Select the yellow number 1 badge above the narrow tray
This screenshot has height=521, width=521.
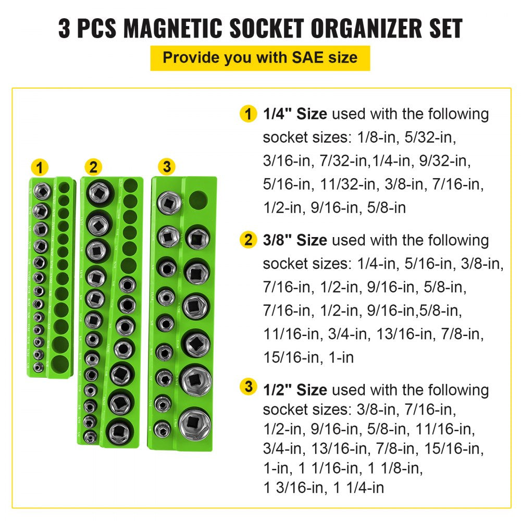[x=40, y=168]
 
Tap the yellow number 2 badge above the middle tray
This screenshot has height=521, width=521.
[x=93, y=167]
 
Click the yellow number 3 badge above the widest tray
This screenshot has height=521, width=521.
[x=166, y=167]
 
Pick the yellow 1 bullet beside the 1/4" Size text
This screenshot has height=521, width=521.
[x=249, y=114]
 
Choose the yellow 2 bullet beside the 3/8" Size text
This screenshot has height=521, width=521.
[x=249, y=240]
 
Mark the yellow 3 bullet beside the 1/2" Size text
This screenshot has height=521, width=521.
[x=249, y=388]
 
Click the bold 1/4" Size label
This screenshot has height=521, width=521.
[x=295, y=114]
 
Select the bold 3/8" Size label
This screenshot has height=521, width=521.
[x=295, y=240]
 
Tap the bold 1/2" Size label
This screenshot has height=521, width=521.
[x=295, y=389]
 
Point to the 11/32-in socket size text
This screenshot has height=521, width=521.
[x=339, y=184]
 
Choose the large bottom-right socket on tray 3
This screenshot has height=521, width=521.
[x=196, y=422]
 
